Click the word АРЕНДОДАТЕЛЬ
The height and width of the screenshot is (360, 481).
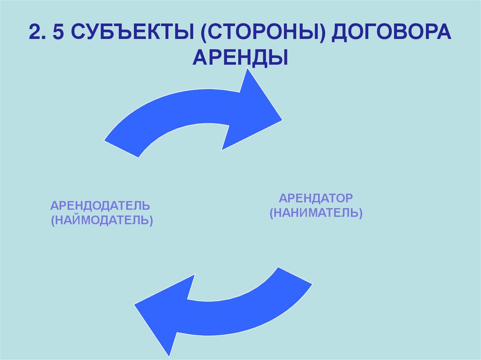[x=101, y=206]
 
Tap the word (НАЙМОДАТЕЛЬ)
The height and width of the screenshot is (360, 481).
[x=102, y=220]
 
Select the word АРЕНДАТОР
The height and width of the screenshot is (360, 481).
[x=316, y=198]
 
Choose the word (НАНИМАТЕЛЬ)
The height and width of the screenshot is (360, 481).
[x=316, y=213]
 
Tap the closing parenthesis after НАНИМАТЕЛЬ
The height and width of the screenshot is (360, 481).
[x=360, y=213]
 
